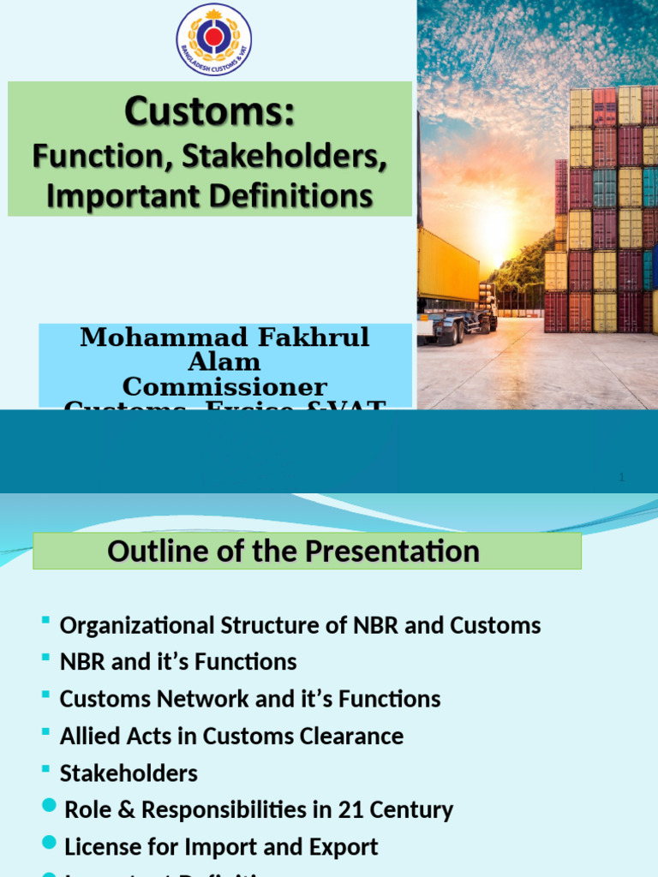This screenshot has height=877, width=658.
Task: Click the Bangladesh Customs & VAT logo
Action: [x=213, y=39]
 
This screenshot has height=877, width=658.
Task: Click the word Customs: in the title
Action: [x=209, y=112]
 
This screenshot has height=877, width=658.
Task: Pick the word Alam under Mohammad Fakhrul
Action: [x=225, y=361]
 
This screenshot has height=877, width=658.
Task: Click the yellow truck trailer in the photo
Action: [x=447, y=266]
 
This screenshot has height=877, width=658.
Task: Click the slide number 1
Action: [x=621, y=478]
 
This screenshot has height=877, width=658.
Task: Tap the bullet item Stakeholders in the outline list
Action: [x=129, y=773]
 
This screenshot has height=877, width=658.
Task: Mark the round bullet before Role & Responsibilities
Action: [x=50, y=808]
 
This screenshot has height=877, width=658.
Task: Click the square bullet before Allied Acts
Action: [x=45, y=732]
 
